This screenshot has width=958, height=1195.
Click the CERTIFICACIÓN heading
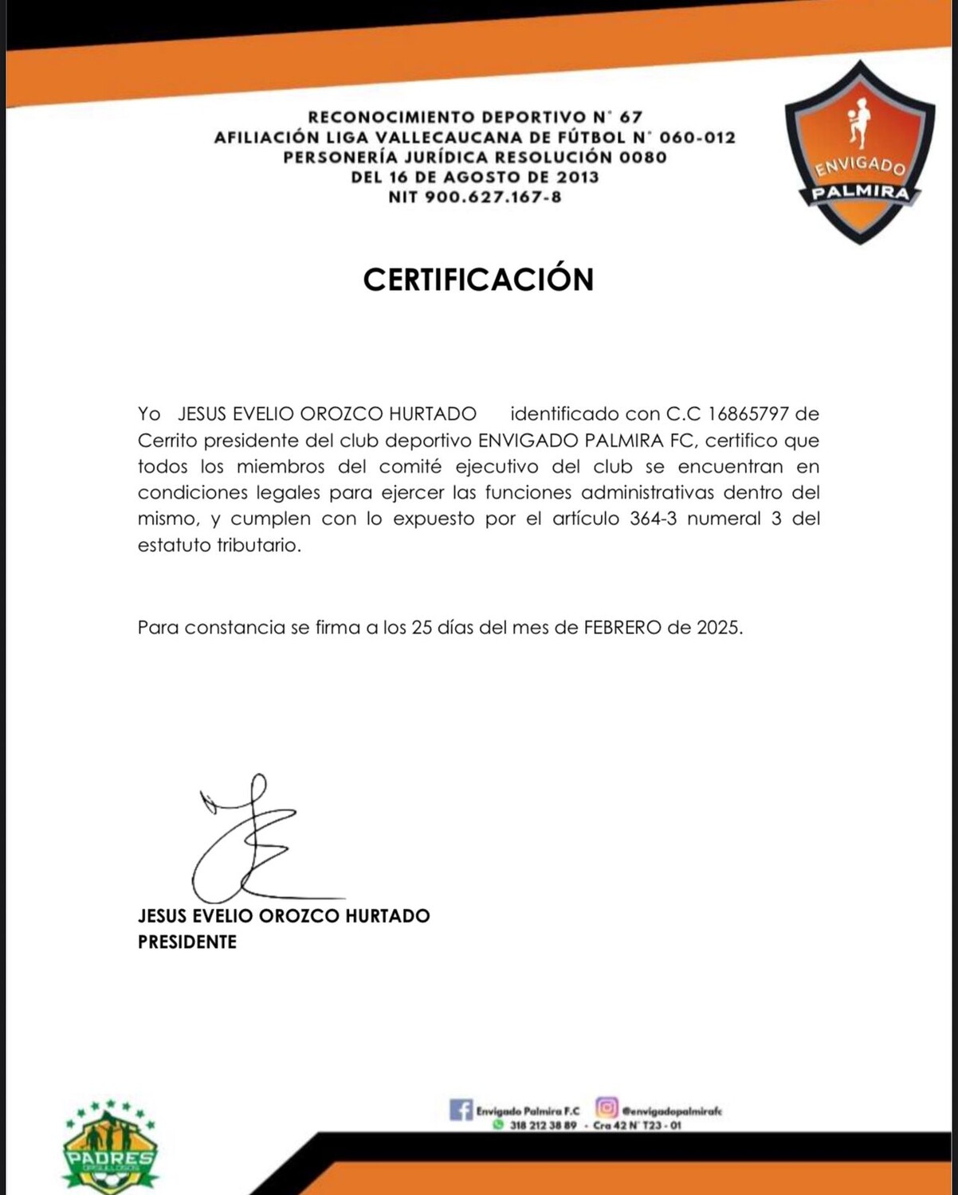[478, 279]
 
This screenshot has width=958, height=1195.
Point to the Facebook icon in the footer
[461, 1109]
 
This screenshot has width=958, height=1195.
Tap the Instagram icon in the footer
[607, 1107]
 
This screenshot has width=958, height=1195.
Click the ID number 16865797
[748, 413]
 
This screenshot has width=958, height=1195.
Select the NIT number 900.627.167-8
[493, 197]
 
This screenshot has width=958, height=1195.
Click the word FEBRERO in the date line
[622, 627]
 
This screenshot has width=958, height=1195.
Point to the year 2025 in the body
[718, 627]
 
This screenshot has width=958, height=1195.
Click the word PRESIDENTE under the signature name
[187, 942]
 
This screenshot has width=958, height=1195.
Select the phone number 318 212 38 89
[543, 1126]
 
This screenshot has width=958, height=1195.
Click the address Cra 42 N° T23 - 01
[637, 1126]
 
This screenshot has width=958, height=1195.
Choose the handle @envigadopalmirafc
[672, 1111]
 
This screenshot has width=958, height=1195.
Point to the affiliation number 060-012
[697, 137]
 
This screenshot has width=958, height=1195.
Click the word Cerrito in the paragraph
[167, 441]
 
